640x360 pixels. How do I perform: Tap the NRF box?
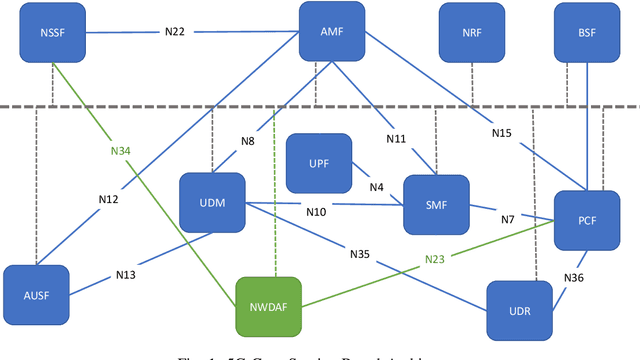pos(472,31)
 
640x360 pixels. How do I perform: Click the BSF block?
pos(587,31)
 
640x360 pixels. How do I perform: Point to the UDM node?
pos(212,203)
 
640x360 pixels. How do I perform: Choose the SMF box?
pos(436,205)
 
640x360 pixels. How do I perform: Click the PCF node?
pos(587,220)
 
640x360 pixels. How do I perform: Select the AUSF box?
pos(37,295)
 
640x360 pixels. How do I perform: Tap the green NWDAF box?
pos(268,306)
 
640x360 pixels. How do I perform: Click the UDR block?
pos(519,311)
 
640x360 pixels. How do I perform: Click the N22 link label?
pos(176,31)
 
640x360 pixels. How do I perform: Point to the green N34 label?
pos(120,152)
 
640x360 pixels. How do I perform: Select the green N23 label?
pos(434,258)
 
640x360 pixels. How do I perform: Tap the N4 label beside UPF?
pos(376,186)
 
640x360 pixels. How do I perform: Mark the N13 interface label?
pos(126,274)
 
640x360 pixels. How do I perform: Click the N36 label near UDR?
pos(573,277)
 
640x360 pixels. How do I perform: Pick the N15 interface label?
pos(502,132)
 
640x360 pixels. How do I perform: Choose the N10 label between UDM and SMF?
pos(316,212)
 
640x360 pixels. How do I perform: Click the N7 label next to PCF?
pos(508,218)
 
